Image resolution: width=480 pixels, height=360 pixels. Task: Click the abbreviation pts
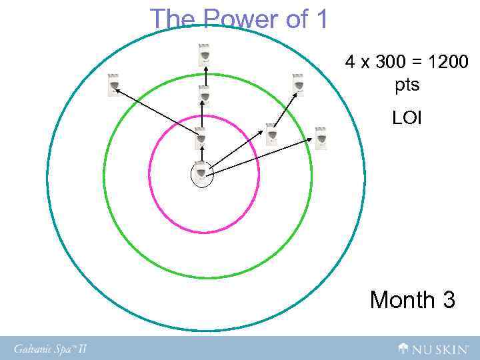407,85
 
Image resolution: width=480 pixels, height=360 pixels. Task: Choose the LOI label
407,118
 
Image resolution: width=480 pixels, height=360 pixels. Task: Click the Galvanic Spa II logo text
51,347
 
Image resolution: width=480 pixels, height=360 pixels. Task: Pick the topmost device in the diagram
205,55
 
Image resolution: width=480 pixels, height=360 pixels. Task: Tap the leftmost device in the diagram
114,85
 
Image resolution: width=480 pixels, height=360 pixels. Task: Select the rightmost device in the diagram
321,138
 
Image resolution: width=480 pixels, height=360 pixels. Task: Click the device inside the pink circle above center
200,138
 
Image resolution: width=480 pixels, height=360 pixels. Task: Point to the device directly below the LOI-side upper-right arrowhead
271,134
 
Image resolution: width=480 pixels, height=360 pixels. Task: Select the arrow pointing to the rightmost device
264,157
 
